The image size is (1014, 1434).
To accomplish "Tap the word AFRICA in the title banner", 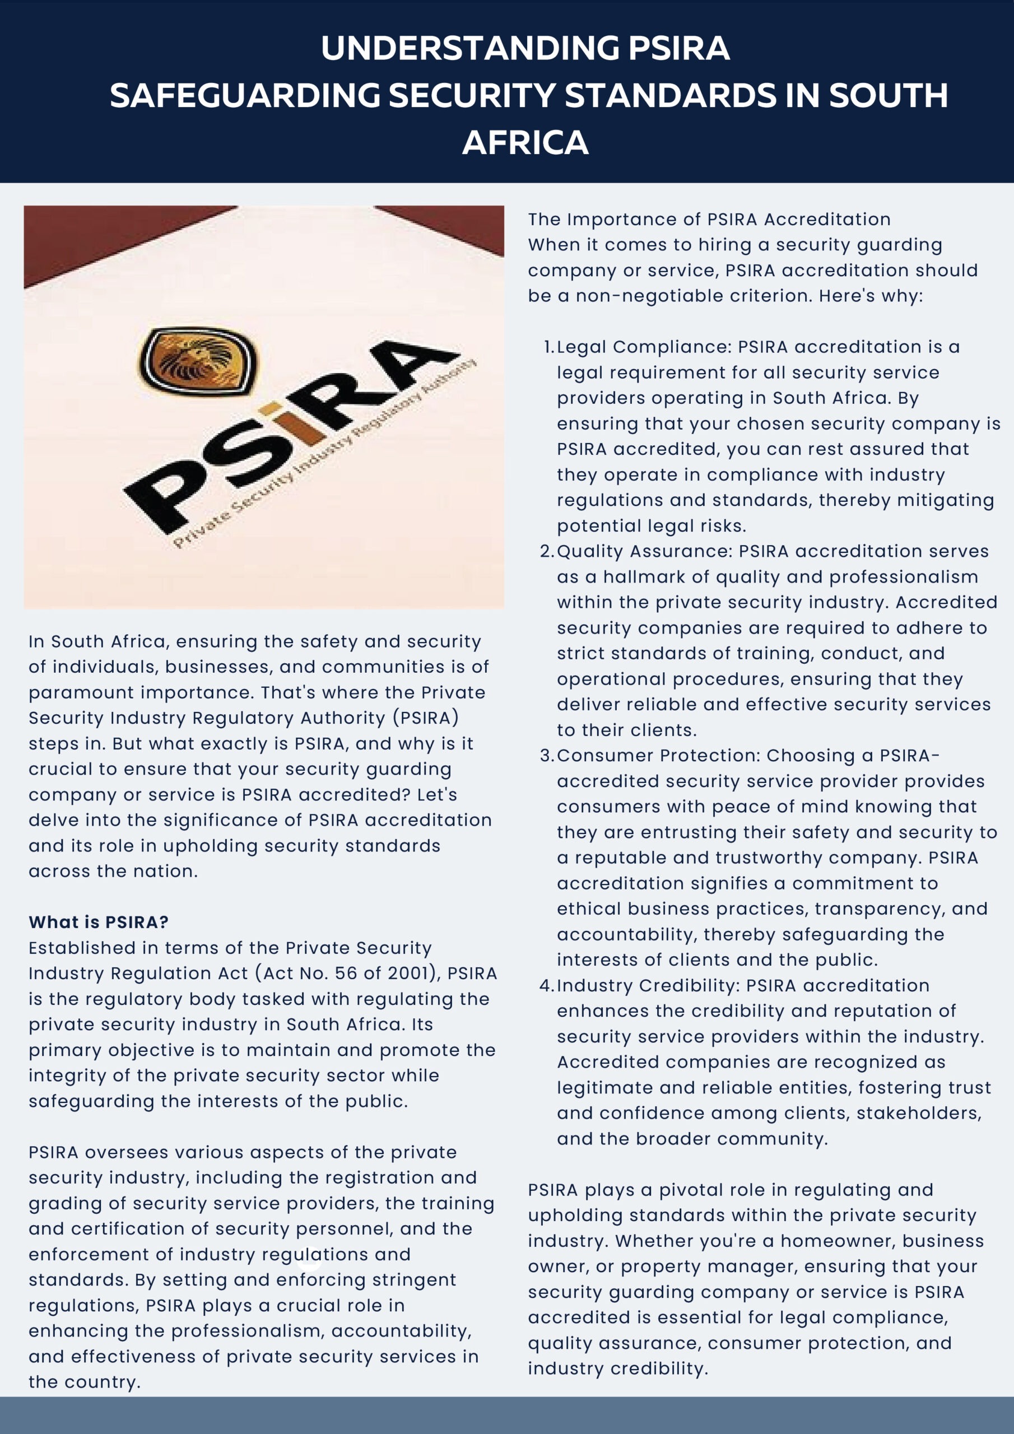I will [x=525, y=142].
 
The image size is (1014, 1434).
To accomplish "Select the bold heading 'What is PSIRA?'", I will [x=99, y=922].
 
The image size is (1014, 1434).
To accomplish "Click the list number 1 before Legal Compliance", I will [x=548, y=347].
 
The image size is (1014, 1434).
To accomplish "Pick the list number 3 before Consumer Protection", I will [x=546, y=755].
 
